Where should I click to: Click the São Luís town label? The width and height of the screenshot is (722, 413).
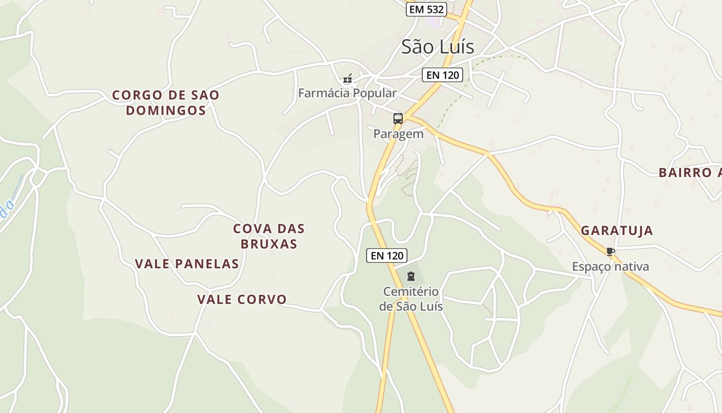tap(437, 47)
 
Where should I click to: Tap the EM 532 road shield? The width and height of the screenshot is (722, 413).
tap(426, 9)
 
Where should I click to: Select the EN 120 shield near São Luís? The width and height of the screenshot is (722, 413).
tap(442, 75)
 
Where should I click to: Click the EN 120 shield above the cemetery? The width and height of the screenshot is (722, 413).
tap(387, 255)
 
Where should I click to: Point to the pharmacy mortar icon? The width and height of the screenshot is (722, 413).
tap(348, 78)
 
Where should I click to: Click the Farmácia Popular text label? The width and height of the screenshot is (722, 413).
tap(347, 93)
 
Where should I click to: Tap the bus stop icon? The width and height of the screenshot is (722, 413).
tap(398, 118)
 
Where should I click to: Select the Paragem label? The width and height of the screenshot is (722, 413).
tap(398, 134)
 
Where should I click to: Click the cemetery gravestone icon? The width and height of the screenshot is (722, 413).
tap(411, 276)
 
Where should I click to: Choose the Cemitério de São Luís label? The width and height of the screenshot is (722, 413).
tap(411, 299)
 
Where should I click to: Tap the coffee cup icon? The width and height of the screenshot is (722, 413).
tap(610, 251)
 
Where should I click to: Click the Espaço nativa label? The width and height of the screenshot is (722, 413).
tap(610, 267)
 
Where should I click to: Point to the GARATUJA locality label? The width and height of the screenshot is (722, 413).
tap(617, 231)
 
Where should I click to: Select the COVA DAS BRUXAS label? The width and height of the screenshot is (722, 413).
tap(269, 236)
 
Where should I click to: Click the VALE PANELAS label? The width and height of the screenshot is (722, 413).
tap(187, 264)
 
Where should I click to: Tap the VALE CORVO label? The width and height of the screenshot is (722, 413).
tap(242, 299)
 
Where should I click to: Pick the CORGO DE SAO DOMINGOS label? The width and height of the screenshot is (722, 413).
tap(166, 103)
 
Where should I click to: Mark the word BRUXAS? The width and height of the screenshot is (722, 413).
tap(269, 244)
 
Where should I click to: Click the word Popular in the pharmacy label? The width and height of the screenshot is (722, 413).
tap(372, 93)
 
